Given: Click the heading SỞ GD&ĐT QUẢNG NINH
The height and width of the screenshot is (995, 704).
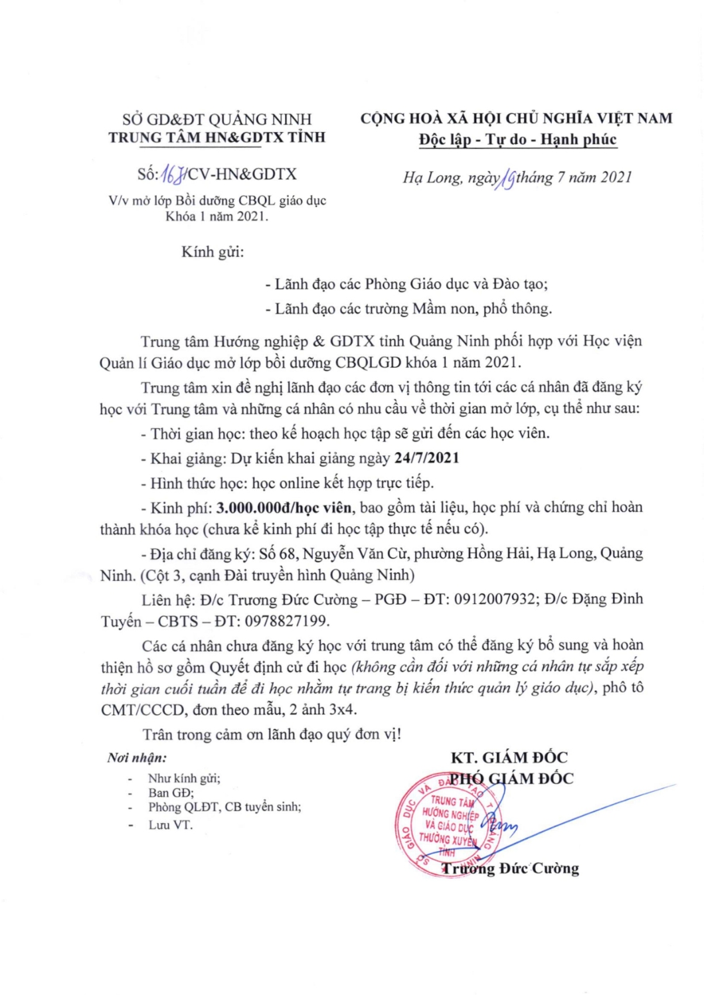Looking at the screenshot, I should tap(217, 119).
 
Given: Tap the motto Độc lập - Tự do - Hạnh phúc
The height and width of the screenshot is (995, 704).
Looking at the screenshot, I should tap(517, 140).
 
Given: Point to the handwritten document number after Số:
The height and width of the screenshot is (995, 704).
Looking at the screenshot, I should tap(173, 175).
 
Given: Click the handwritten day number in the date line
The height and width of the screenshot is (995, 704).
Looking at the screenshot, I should tap(507, 179).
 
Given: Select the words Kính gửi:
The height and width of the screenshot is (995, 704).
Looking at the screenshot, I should tap(213, 252).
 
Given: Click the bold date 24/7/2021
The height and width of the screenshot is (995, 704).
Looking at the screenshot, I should tap(426, 458).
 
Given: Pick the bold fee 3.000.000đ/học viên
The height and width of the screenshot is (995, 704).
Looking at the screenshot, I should tap(284, 508).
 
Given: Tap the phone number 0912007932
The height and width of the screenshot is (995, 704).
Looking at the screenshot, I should tap(495, 599).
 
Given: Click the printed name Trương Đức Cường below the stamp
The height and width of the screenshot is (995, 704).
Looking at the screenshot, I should tap(511, 868).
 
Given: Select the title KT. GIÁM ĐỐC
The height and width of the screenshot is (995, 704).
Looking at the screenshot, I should tap(509, 757).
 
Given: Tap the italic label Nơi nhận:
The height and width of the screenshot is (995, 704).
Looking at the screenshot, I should tap(137, 757).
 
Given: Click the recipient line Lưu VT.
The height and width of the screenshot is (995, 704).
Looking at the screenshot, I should tap(170, 825).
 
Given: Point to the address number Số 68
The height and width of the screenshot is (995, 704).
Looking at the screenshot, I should tap(278, 554).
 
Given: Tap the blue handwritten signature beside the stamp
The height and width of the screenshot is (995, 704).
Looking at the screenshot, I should tap(500, 825).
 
